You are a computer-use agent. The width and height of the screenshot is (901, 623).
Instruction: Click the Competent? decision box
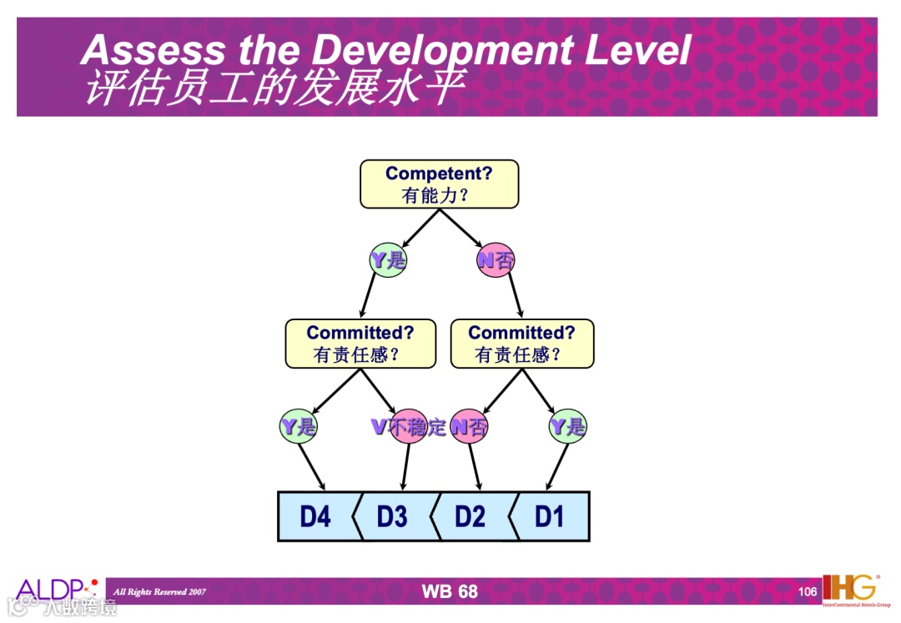tap(439, 184)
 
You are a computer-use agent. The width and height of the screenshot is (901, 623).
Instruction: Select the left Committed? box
tap(360, 344)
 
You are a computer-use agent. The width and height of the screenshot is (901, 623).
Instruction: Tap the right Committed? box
tap(522, 344)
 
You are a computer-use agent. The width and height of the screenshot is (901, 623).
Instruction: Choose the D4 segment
tap(315, 517)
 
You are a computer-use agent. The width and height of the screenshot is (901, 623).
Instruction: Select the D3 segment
tap(392, 517)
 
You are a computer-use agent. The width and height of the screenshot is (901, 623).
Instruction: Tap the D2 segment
tap(470, 517)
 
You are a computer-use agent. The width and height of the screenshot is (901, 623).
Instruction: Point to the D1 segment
tap(549, 517)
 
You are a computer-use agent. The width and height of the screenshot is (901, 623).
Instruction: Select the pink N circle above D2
tap(468, 428)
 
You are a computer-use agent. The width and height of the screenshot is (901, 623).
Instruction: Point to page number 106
tap(808, 592)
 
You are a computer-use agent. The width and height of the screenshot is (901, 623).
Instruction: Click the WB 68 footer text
tap(450, 591)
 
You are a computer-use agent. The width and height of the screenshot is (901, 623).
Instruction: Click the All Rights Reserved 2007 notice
tap(159, 592)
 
